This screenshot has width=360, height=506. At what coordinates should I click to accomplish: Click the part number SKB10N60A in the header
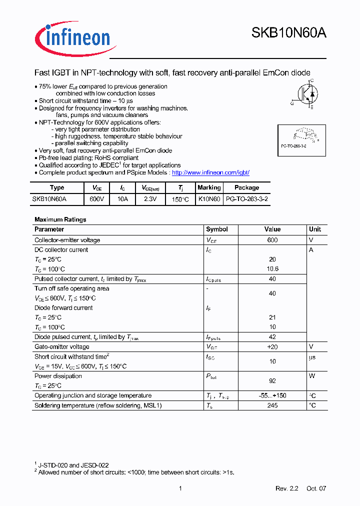pyautogui.click(x=288, y=33)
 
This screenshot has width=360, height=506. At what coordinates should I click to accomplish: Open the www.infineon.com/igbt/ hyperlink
pyautogui.click(x=210, y=172)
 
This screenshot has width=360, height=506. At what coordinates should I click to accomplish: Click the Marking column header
pyautogui.click(x=209, y=187)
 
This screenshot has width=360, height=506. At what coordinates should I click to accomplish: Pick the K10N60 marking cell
pyautogui.click(x=209, y=199)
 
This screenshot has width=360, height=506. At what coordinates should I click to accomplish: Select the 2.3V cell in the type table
pyautogui.click(x=149, y=199)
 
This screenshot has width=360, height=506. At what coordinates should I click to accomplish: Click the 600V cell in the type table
pyautogui.click(x=97, y=199)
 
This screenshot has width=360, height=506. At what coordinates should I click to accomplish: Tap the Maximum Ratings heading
pyautogui.click(x=60, y=219)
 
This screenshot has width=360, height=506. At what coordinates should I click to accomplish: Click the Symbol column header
pyautogui.click(x=217, y=229)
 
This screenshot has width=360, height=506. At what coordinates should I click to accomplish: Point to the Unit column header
pyautogui.click(x=315, y=229)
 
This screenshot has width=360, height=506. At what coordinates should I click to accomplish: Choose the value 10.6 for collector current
pyautogui.click(x=272, y=269)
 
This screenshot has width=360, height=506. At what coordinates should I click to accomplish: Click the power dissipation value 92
pyautogui.click(x=272, y=381)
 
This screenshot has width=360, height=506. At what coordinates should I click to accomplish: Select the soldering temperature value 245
pyautogui.click(x=272, y=405)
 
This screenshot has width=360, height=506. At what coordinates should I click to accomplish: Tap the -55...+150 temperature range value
pyautogui.click(x=272, y=395)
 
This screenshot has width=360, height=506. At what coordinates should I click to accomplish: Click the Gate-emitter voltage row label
pyautogui.click(x=62, y=346)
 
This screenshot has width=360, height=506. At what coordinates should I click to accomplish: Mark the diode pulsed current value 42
pyautogui.click(x=272, y=337)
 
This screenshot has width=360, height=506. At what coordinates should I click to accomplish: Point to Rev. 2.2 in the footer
pyautogui.click(x=286, y=488)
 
